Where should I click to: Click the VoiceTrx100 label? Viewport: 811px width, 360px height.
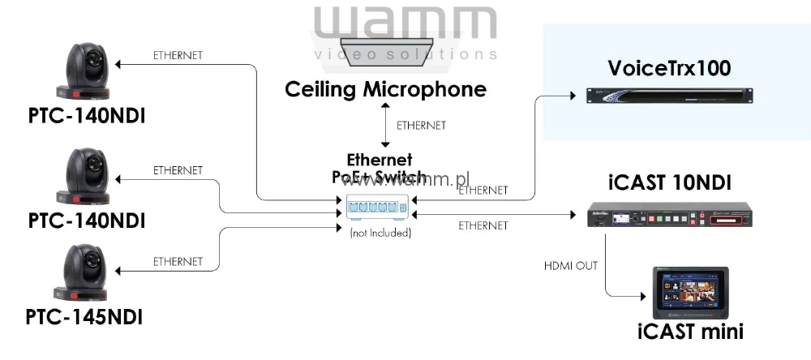click(x=669, y=68)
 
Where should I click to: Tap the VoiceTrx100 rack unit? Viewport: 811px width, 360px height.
click(x=670, y=96)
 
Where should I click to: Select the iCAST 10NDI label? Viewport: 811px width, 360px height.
click(x=669, y=182)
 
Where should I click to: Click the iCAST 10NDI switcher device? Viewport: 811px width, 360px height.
click(x=670, y=215)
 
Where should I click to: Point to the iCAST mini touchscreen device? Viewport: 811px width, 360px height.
click(x=690, y=294)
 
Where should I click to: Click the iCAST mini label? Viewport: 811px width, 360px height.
click(x=690, y=332)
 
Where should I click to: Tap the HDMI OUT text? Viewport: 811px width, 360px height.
click(x=570, y=266)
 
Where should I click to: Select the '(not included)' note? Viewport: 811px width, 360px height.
click(x=380, y=234)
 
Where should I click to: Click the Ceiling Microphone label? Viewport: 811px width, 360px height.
click(x=385, y=89)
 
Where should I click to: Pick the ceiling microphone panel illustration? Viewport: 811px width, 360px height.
click(x=385, y=52)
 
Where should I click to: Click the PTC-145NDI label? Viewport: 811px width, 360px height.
click(x=84, y=316)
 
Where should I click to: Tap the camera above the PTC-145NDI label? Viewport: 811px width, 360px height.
click(x=83, y=272)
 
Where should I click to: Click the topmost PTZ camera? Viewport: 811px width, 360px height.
click(x=83, y=71)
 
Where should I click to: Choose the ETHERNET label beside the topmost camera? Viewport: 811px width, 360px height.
click(x=178, y=55)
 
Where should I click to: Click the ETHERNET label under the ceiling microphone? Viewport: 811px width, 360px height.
click(x=421, y=125)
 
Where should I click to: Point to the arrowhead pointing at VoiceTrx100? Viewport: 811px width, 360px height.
click(x=573, y=96)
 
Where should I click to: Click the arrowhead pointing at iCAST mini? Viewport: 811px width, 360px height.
click(x=643, y=297)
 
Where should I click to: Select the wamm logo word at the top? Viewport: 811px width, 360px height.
click(x=405, y=23)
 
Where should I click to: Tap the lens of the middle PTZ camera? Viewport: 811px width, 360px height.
click(x=93, y=165)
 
